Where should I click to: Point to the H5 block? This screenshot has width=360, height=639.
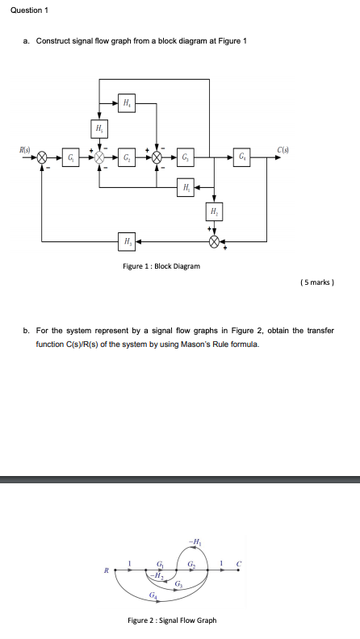[x=99, y=128]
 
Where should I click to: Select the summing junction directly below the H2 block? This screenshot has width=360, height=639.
[x=214, y=240]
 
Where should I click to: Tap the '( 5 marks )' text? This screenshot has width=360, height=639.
[x=316, y=282]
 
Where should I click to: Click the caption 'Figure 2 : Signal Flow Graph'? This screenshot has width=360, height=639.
[x=172, y=620]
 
